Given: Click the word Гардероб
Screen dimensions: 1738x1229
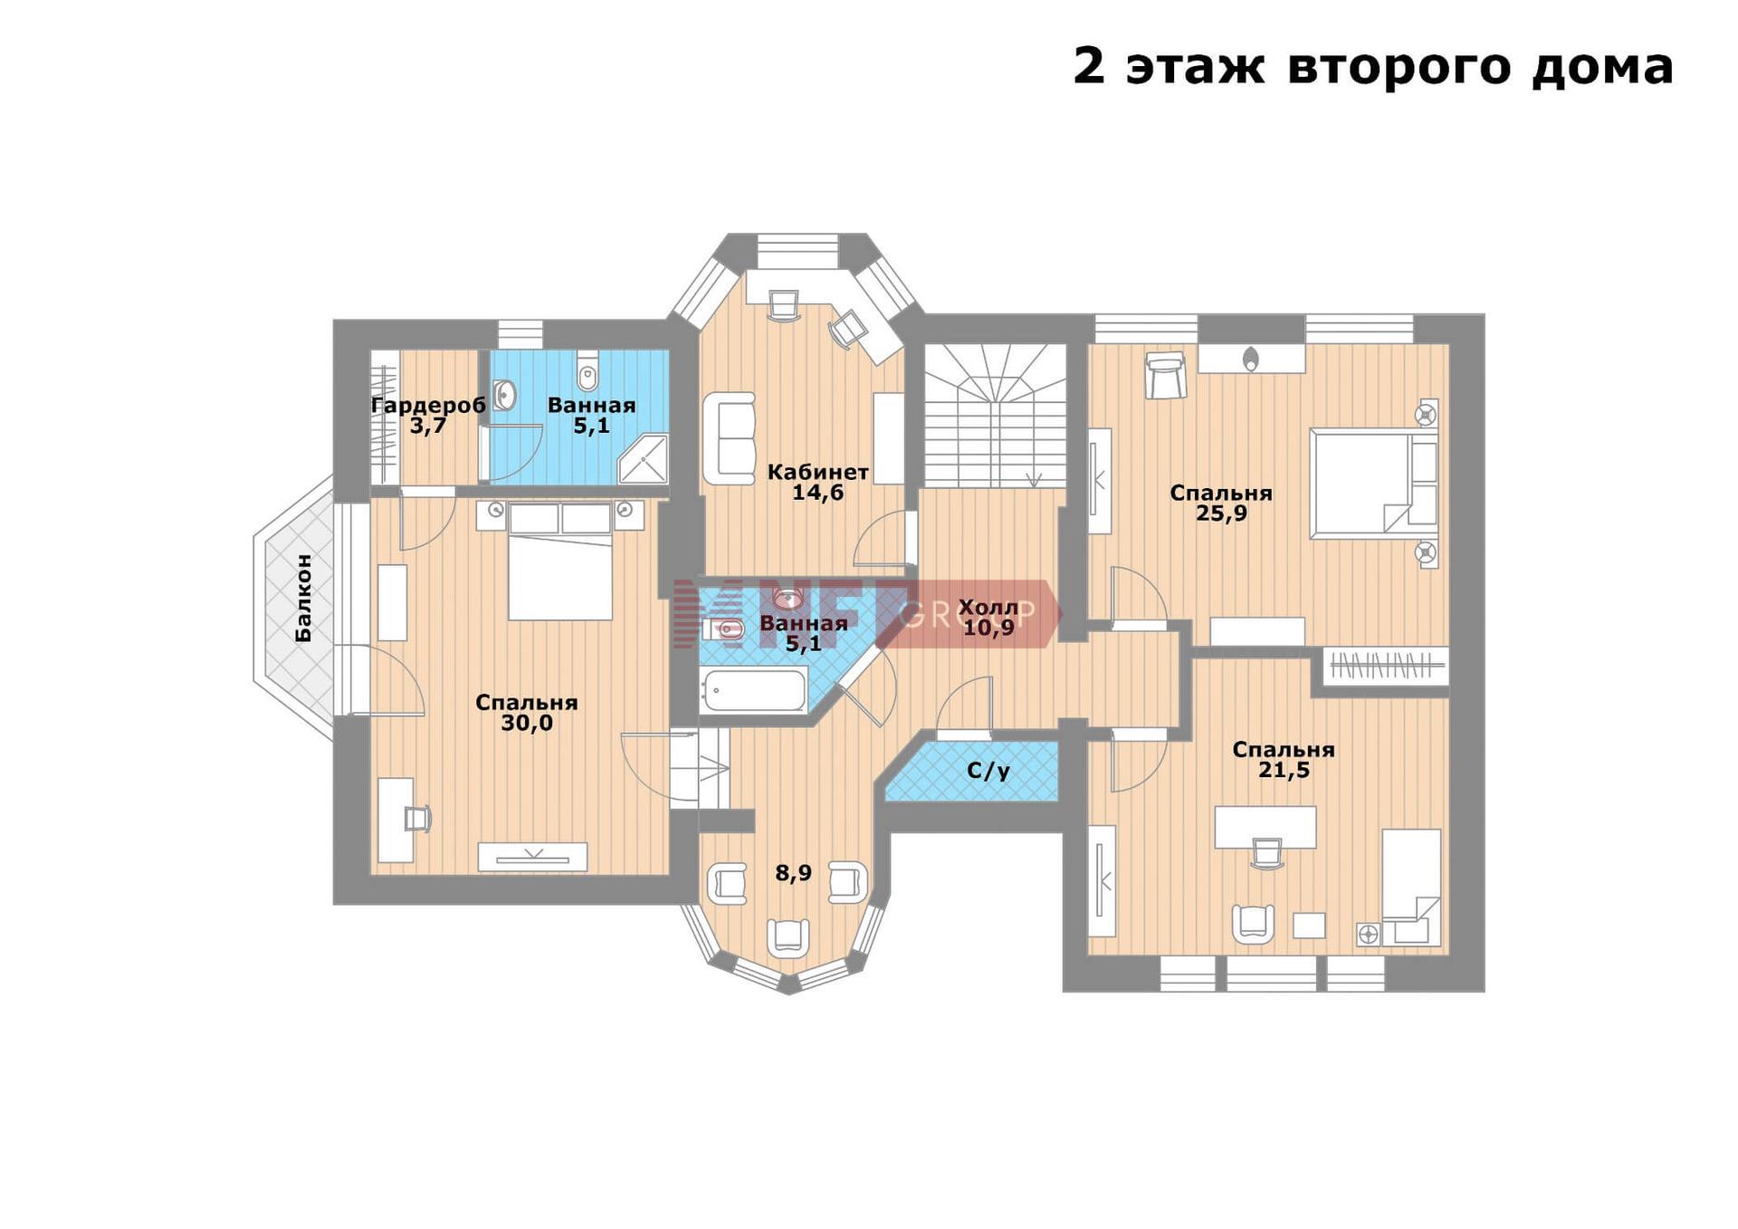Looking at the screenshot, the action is pos(428,406).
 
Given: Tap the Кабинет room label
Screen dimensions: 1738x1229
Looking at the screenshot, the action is pos(818,472).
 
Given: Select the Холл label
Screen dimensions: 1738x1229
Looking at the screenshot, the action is pos(988,607).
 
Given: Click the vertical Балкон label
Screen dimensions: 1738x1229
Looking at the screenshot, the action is pos(304,598).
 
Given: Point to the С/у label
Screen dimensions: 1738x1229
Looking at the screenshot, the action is pos(988,770).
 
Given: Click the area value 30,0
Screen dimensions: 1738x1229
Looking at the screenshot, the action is pos(527,723).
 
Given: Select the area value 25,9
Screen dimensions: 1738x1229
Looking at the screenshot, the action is pos(1221,514).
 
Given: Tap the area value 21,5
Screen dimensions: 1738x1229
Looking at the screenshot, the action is pos(1284,770).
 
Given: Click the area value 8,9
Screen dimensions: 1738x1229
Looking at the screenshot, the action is pos(794,873).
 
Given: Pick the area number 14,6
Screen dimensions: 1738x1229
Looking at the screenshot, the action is pos(818,493).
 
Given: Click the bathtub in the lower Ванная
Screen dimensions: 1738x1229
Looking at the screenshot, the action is pos(754,691).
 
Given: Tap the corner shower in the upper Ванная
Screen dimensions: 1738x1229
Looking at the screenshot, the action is pos(644,459).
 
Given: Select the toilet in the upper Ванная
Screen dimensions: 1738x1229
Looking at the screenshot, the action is pos(587,371).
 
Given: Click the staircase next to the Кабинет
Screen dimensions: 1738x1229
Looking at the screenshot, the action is pos(994,416).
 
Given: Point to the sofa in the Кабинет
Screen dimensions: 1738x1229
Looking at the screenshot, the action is pos(729,438).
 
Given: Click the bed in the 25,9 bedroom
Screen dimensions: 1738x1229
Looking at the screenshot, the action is pos(1373,485).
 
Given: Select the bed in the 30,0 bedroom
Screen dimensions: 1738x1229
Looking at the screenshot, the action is pos(560,562).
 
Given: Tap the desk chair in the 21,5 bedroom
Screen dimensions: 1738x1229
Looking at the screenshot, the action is pos(1266,853).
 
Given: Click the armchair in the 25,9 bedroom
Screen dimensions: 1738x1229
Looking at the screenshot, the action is pos(1165,375).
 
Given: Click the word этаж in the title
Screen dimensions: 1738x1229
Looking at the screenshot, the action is pos(1195,66).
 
